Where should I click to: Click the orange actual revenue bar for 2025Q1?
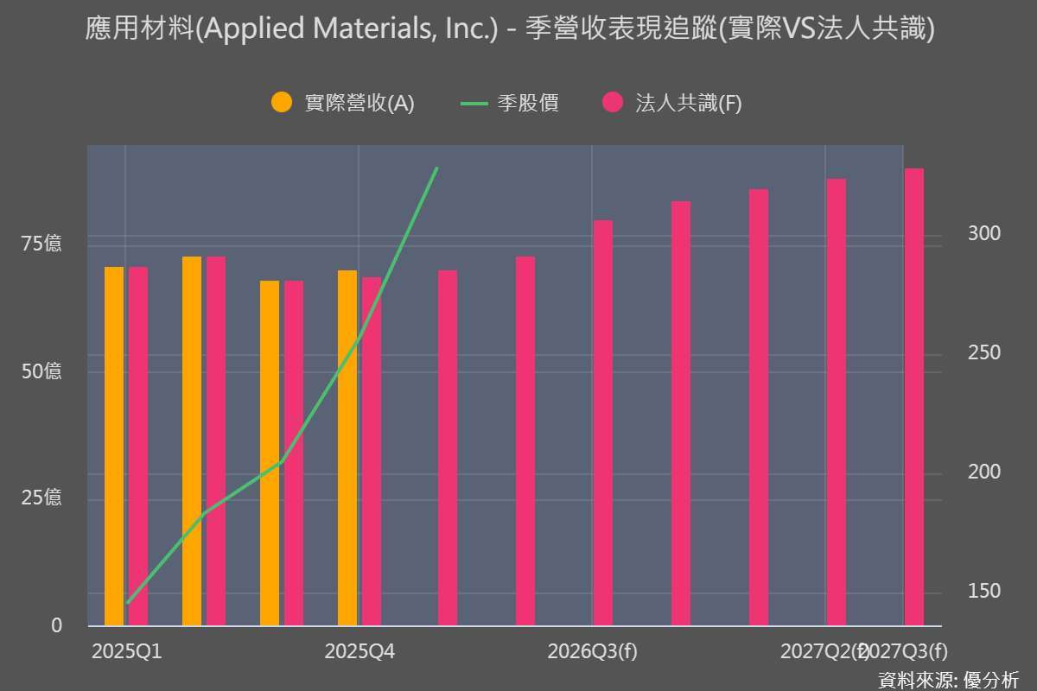[x=114, y=446]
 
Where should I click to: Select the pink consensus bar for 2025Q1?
[x=138, y=446]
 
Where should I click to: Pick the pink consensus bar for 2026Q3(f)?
[x=603, y=423]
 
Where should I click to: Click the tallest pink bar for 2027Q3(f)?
[x=914, y=397]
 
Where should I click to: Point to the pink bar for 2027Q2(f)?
[x=837, y=403]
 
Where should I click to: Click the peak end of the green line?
[x=437, y=168]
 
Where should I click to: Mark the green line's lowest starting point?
[x=127, y=602]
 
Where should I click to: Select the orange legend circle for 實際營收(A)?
[x=283, y=103]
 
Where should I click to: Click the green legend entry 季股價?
[x=510, y=103]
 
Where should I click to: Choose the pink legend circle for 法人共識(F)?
[x=613, y=103]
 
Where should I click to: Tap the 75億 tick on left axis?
[x=41, y=244]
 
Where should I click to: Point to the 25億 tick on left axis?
[x=41, y=498]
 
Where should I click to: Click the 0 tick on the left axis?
[x=56, y=625]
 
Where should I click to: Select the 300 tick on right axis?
[x=984, y=234]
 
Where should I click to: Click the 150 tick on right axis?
[x=984, y=591]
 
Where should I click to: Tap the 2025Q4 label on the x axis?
[x=359, y=651]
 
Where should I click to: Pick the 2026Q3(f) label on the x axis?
[x=592, y=651]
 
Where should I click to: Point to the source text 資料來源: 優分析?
[x=948, y=679]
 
